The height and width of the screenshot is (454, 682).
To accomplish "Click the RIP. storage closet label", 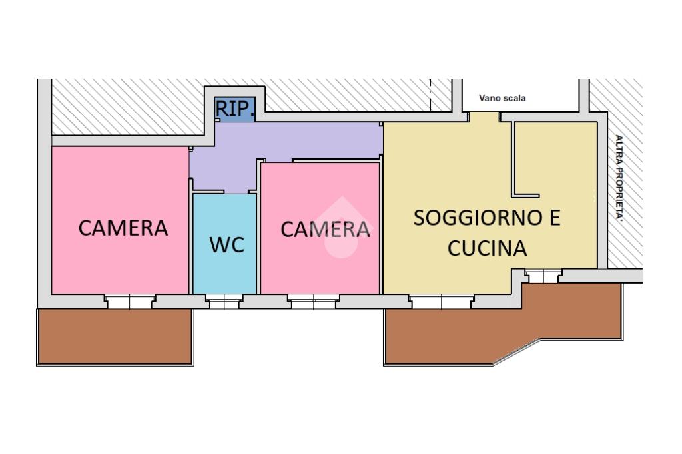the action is point(235,109).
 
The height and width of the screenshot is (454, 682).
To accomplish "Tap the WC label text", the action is point(227,245).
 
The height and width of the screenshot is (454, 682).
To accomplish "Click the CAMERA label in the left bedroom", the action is point(123,228).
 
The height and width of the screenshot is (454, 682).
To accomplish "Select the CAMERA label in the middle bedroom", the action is point(325,229).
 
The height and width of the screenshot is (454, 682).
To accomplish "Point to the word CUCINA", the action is point(488,248).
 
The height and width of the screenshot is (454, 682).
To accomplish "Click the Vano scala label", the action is point(502,98).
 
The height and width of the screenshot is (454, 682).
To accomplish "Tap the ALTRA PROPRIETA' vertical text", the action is point(619,178).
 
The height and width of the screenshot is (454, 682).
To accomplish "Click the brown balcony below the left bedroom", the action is point(115,336).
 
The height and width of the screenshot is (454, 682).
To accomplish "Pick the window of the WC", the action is point(224,302).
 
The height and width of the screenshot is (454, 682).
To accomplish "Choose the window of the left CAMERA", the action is point(130,302).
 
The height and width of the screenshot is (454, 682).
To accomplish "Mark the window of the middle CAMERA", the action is point(313,302).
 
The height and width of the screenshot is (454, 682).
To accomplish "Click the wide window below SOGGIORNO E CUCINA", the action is point(442,302).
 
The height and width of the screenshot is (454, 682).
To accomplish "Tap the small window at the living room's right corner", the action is point(543,276).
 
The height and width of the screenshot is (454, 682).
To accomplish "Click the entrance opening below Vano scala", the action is point(484,117).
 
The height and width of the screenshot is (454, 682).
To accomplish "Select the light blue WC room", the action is point(224,244).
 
